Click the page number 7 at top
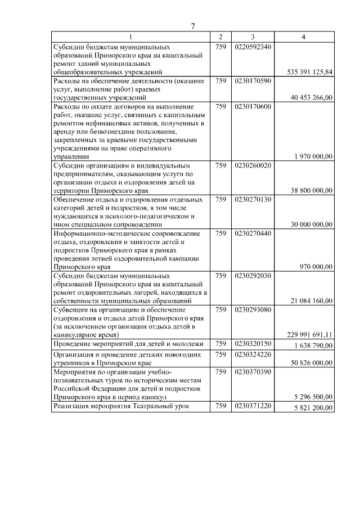click(x=192, y=26)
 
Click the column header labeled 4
click(x=304, y=37)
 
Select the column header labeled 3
click(x=253, y=37)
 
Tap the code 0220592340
click(x=253, y=47)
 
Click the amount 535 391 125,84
click(x=309, y=72)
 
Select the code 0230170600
click(x=253, y=106)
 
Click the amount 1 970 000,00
click(x=313, y=156)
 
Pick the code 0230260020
click(x=253, y=165)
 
